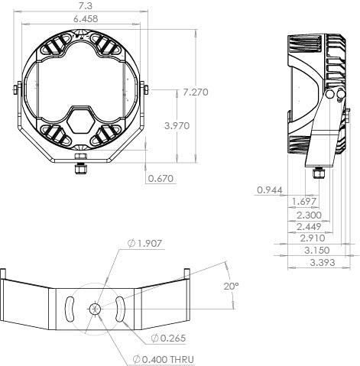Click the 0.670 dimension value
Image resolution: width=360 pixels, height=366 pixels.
pyautogui.click(x=161, y=179)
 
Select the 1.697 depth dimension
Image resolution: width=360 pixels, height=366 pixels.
pyautogui.click(x=304, y=202)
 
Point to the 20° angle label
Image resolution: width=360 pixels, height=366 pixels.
pyautogui.click(x=231, y=285)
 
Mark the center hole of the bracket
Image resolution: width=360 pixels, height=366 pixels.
pyautogui.click(x=95, y=309)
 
